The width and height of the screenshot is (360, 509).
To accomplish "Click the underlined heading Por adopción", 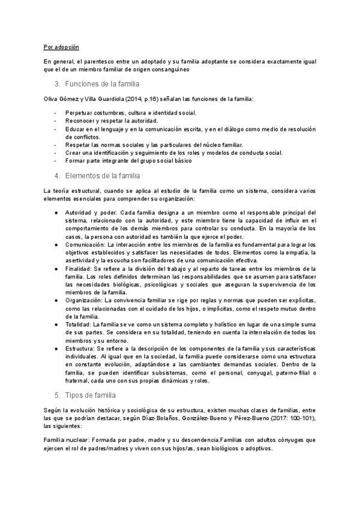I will pyautogui.click(x=61, y=47).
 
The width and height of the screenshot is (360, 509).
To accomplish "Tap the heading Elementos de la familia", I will pyautogui.click(x=103, y=176).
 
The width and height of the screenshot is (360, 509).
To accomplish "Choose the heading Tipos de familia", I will pyautogui.click(x=92, y=395).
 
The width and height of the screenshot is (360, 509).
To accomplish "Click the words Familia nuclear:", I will pyautogui.click(x=66, y=440).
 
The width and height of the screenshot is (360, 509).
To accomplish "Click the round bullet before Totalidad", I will pyautogui.click(x=55, y=324).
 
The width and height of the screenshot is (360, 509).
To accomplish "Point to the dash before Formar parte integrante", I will pyautogui.click(x=56, y=161).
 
